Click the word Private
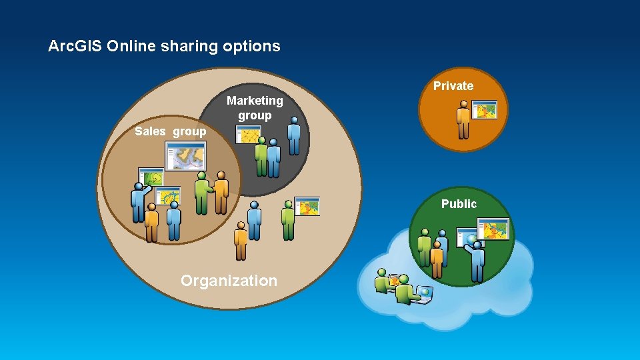coord(453,86)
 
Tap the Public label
coord(459,204)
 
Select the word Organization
coord(229,281)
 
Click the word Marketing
coord(255,101)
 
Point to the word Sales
coord(150,131)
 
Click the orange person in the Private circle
coord(463,120)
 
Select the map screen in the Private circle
coord(485,110)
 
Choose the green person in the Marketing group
coord(262,157)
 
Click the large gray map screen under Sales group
coord(184,157)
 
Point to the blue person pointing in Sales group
coord(138,202)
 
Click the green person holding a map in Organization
coord(288,220)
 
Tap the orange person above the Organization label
coord(240,241)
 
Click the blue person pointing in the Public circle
coord(477,260)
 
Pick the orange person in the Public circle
coord(437,260)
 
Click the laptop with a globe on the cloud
coord(424,294)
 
